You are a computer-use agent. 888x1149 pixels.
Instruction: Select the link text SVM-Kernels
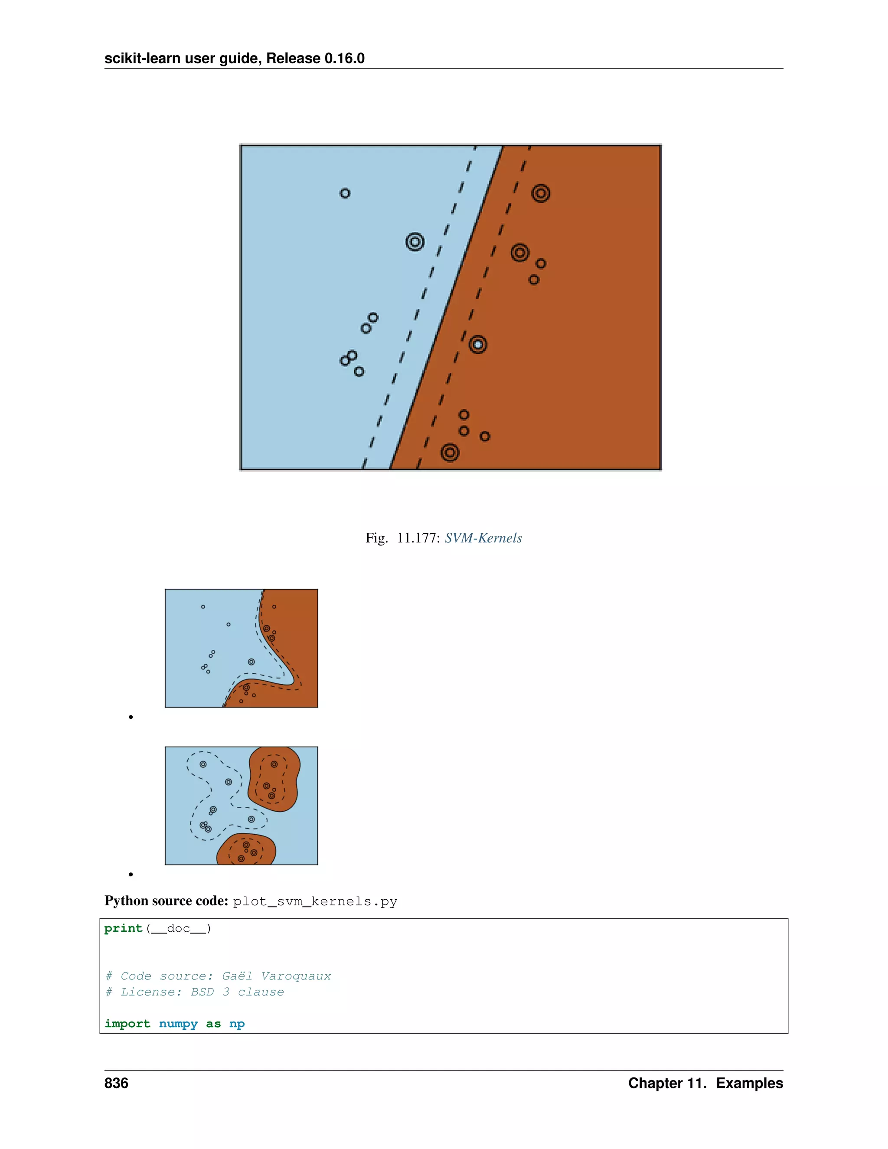coord(483,538)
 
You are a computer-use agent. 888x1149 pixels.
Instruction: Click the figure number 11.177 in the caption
coord(418,538)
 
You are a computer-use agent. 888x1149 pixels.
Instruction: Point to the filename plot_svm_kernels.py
coord(315,902)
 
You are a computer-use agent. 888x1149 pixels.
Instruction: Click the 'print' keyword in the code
coord(123,929)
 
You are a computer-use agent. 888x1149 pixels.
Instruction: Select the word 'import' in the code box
coord(127,1024)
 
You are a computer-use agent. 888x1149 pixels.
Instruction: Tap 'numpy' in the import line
coord(178,1024)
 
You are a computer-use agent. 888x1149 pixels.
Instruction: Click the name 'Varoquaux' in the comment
coord(296,976)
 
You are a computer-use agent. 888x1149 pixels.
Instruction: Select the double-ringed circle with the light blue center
coord(478,345)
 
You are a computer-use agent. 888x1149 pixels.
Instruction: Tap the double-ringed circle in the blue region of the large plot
coord(415,242)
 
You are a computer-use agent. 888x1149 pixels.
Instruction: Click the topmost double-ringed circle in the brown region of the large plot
coord(541,193)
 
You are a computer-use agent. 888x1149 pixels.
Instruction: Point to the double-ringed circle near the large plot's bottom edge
coord(450,452)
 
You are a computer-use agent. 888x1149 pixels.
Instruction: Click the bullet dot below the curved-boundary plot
coord(131,717)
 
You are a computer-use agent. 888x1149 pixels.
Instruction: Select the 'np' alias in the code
coord(237,1024)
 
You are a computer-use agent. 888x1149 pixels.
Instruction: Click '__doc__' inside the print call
coord(178,929)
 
